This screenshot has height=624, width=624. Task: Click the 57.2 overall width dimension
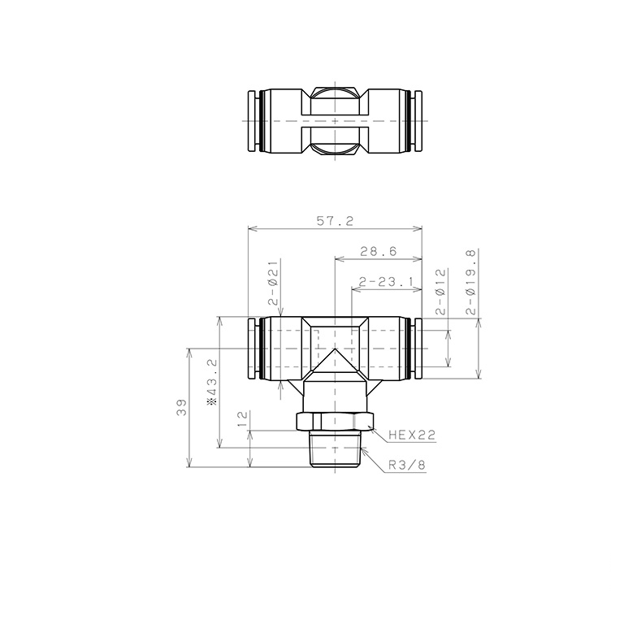(x=335, y=220)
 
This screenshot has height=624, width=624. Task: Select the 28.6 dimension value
(x=379, y=251)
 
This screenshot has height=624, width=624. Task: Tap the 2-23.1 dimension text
(x=386, y=282)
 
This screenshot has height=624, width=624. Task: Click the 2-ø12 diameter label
(x=441, y=292)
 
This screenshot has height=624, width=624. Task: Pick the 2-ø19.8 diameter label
(x=470, y=282)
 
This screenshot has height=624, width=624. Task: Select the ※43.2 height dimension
(x=212, y=382)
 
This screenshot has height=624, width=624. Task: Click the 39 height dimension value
(x=181, y=407)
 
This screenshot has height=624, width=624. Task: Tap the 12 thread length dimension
(x=242, y=418)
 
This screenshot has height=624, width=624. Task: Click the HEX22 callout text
(x=412, y=435)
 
